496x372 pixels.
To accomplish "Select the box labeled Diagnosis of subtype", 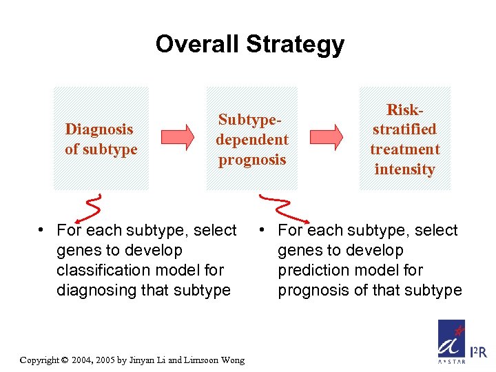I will [101, 138].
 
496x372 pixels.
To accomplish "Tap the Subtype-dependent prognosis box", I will [251, 138].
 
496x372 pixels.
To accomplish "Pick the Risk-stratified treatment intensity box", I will [404, 138].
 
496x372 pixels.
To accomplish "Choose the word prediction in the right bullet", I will [312, 270].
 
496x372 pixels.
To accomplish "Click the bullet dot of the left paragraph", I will [42, 230].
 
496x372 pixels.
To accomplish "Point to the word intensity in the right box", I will [404, 169].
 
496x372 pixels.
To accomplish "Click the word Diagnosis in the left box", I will [99, 129].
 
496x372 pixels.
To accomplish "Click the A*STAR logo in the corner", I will [452, 341].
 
